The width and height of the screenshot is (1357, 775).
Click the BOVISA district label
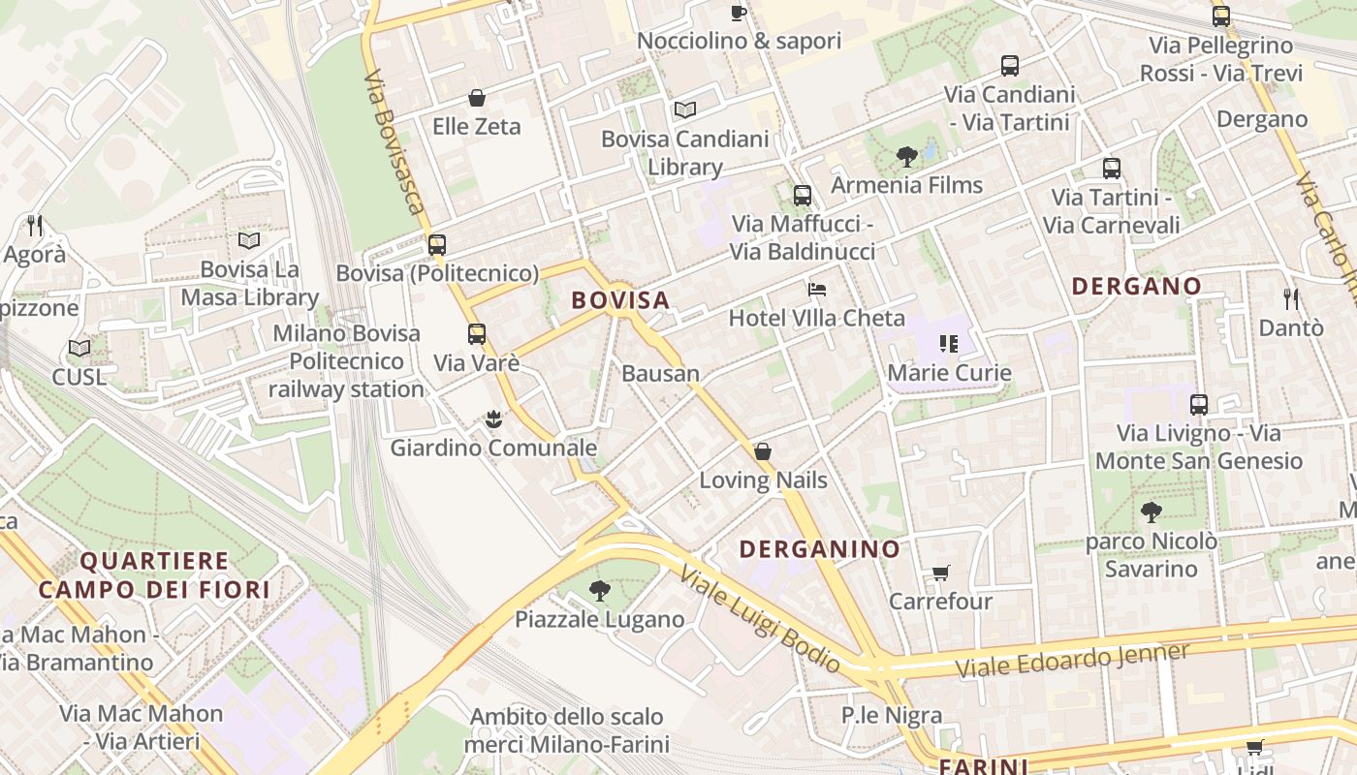click(x=620, y=300)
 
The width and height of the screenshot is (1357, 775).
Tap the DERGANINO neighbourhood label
click(x=820, y=549)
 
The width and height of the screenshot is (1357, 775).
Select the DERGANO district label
click(x=1137, y=286)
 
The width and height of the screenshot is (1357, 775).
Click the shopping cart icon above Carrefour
click(x=940, y=573)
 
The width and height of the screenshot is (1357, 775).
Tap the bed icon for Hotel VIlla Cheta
click(x=817, y=290)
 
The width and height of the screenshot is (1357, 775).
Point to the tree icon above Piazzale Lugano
click(x=599, y=590)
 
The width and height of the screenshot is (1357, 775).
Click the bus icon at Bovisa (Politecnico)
click(x=437, y=244)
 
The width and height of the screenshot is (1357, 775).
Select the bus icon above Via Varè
click(x=476, y=334)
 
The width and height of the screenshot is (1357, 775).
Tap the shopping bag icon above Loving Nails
click(x=763, y=451)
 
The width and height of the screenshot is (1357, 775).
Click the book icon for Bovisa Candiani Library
click(x=685, y=109)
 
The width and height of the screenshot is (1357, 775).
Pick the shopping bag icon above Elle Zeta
click(x=476, y=98)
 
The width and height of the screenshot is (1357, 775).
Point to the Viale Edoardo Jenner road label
click(x=1072, y=660)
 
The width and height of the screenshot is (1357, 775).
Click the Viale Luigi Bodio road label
click(x=760, y=620)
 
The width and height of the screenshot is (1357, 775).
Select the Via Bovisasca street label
click(x=394, y=141)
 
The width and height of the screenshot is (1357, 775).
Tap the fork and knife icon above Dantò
click(x=1290, y=298)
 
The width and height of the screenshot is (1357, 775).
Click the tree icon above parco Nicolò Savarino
click(x=1151, y=511)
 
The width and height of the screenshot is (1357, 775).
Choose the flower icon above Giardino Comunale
click(x=493, y=419)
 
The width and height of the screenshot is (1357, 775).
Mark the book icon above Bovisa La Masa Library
click(x=249, y=240)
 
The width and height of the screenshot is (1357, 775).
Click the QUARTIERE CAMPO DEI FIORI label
click(x=154, y=574)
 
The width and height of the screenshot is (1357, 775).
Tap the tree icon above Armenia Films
click(x=906, y=155)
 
